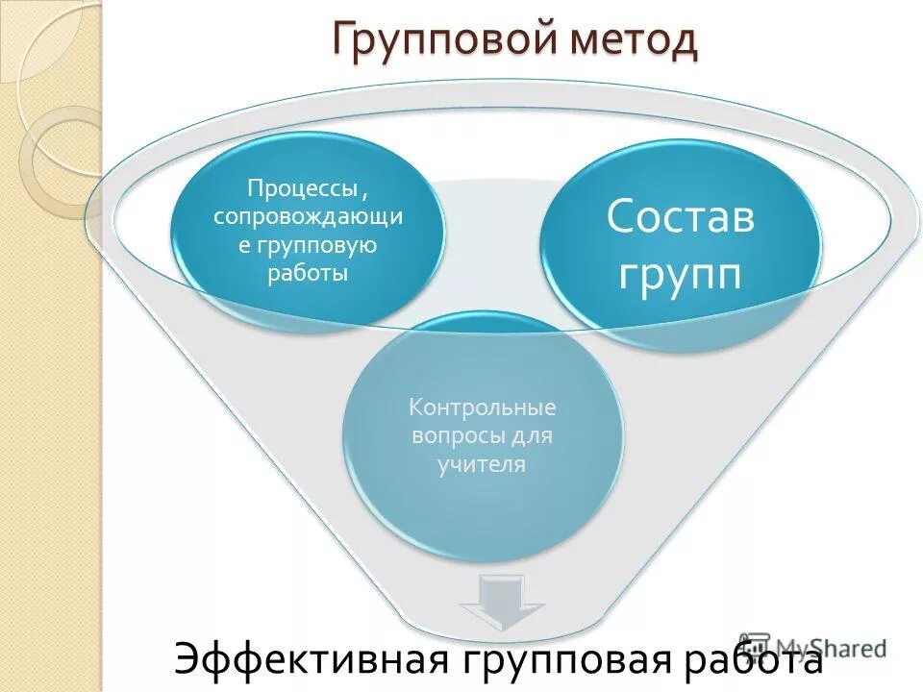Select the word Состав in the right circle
coord(680,217)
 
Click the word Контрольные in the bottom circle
coord(483,407)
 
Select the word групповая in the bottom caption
coord(565,660)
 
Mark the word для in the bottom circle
coord(533,435)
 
